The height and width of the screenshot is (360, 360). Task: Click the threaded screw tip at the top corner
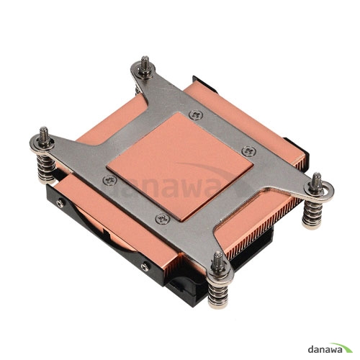pyautogui.click(x=145, y=63)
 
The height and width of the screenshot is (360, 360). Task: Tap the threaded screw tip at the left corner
pyautogui.click(x=44, y=134)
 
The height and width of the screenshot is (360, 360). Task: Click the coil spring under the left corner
pyautogui.click(x=46, y=168)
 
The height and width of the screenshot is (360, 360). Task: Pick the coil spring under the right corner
pyautogui.click(x=312, y=214)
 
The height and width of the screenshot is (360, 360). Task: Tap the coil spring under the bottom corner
pyautogui.click(x=218, y=294)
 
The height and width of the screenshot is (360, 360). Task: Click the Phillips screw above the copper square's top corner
pyautogui.click(x=196, y=114)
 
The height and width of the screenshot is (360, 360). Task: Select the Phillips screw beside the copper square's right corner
pyautogui.click(x=248, y=151)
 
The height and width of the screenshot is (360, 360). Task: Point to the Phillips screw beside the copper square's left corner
pyautogui.click(x=110, y=180)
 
